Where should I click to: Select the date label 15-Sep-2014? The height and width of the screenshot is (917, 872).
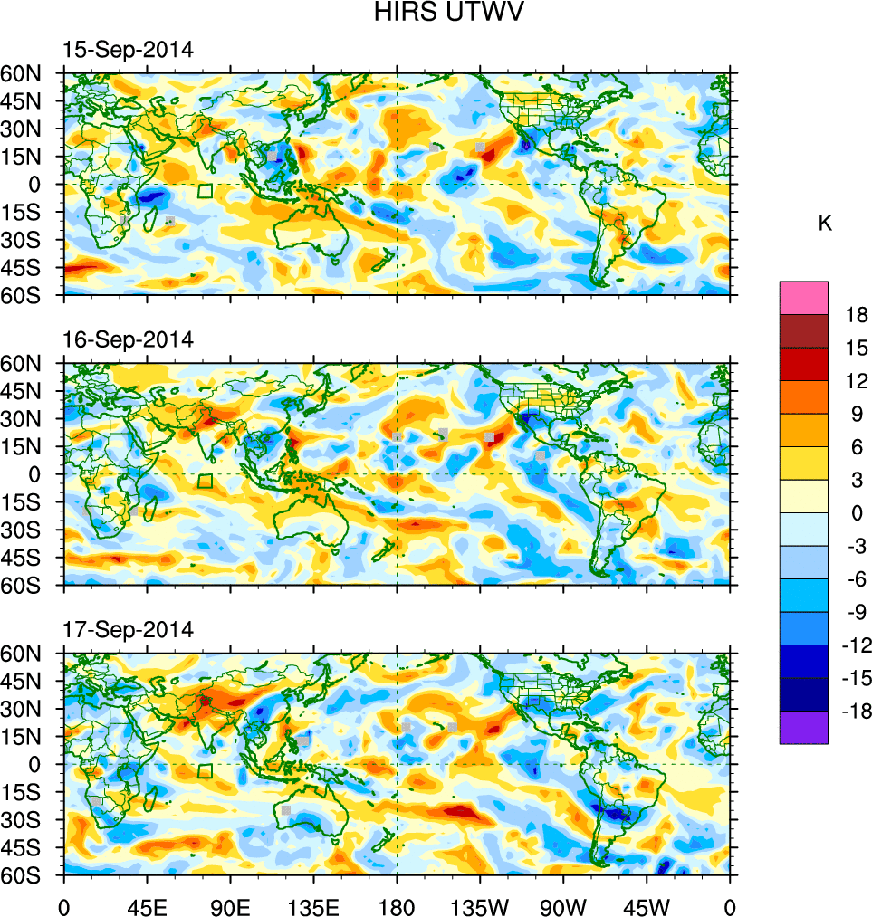click(127, 50)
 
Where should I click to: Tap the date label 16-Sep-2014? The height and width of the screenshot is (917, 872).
click(127, 339)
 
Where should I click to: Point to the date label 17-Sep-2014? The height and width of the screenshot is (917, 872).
click(127, 629)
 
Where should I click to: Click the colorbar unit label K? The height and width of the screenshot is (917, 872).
click(825, 224)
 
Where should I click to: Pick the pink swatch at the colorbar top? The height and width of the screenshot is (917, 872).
click(803, 297)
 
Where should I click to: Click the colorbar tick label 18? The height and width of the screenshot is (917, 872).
click(857, 315)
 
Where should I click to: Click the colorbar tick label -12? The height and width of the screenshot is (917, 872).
click(854, 645)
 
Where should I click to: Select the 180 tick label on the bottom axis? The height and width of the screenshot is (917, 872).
click(397, 905)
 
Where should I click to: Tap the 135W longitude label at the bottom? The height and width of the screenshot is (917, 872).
click(480, 905)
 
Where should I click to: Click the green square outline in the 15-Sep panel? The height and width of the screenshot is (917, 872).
click(206, 191)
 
